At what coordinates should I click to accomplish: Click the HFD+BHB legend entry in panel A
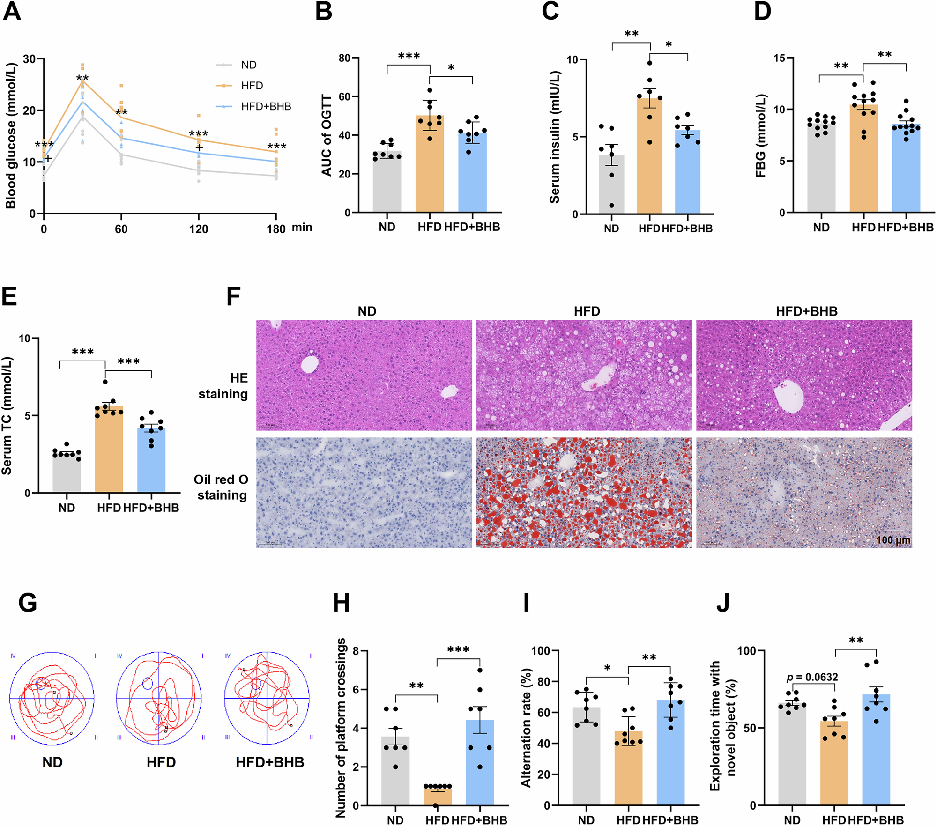tap(266, 107)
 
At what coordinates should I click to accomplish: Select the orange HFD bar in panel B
tap(430, 164)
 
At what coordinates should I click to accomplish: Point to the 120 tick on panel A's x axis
tap(199, 229)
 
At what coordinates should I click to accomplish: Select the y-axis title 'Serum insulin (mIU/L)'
tap(555, 137)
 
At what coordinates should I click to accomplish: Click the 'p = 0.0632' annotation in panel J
tap(812, 677)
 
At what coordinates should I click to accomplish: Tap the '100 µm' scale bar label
tap(893, 540)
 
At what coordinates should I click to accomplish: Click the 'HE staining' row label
tap(223, 386)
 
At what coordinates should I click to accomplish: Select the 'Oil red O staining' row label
tap(221, 487)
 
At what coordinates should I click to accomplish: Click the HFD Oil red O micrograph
tap(584, 493)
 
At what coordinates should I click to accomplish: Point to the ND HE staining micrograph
tap(364, 375)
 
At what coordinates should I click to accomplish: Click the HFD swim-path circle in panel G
tap(159, 698)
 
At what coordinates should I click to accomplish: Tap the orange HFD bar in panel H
tap(437, 796)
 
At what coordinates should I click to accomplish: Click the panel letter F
tap(233, 297)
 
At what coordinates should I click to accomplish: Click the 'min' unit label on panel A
tap(302, 227)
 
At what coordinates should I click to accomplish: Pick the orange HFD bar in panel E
tap(109, 450)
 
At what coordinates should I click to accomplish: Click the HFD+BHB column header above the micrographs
tap(806, 311)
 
